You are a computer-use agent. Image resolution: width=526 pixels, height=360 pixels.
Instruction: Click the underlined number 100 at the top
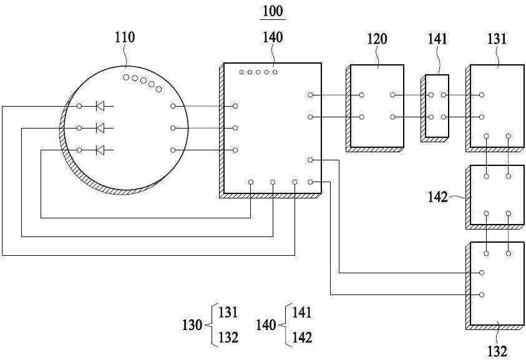click(273, 11)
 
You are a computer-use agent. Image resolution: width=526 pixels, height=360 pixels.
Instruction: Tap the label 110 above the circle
click(125, 37)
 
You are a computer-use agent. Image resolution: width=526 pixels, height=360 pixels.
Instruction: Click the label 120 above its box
click(377, 39)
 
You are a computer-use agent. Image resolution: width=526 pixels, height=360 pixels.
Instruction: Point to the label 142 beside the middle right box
click(438, 197)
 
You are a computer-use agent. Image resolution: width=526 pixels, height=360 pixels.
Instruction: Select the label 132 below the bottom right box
click(497, 351)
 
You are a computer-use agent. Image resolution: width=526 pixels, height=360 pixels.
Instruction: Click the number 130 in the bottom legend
click(192, 325)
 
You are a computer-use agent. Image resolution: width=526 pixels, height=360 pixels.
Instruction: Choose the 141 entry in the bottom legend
click(302, 313)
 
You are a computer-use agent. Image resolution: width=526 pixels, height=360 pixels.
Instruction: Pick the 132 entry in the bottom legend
click(228, 337)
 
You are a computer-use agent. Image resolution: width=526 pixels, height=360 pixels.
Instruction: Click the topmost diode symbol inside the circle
click(100, 106)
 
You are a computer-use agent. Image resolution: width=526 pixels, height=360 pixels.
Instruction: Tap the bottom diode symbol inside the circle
click(100, 150)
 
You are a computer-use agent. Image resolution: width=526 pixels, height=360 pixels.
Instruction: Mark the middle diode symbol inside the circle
click(100, 128)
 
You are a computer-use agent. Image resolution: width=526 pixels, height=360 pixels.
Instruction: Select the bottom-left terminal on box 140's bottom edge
click(251, 182)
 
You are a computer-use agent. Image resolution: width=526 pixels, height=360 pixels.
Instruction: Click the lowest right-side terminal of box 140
click(310, 182)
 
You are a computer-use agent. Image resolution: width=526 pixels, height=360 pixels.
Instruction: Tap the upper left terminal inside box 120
click(362, 95)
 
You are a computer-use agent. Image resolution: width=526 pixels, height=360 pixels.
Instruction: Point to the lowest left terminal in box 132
click(482, 295)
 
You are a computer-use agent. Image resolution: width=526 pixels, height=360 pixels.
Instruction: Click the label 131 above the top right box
click(497, 39)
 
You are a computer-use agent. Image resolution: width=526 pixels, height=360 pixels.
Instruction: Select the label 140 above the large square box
click(273, 37)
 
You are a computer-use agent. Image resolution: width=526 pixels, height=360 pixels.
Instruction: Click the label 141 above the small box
click(437, 39)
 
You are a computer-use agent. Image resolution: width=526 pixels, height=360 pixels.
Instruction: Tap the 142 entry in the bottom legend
click(302, 337)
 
